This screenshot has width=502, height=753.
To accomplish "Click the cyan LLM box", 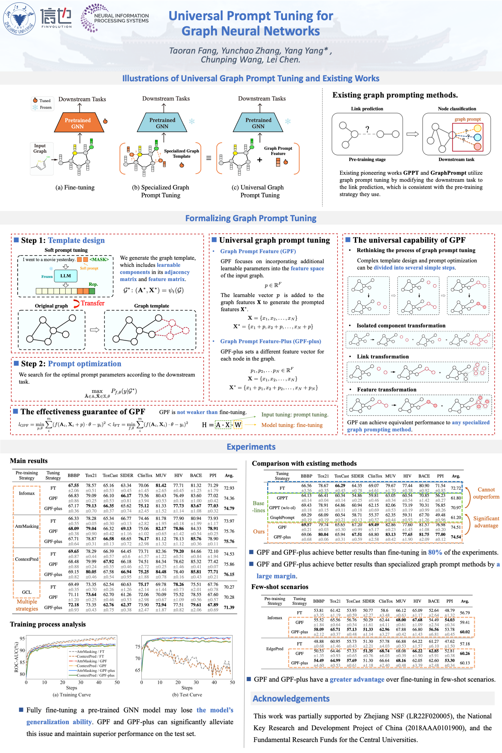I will point(65,276).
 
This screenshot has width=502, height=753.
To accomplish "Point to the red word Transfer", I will point(92,303).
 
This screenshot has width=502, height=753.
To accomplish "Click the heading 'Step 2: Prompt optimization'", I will point(71,364).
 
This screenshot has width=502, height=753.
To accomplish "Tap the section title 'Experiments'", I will point(251,447).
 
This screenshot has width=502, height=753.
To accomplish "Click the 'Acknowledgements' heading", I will point(291,698).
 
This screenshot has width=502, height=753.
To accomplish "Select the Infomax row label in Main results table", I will point(27,493).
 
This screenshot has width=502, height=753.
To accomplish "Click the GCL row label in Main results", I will point(27,592).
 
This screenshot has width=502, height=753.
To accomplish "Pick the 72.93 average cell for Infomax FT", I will point(229,488).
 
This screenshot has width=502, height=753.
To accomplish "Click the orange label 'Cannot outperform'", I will point(486,493).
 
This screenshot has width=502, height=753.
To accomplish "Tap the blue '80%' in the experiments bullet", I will point(435,552).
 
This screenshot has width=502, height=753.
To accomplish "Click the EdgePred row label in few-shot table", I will point(275,649).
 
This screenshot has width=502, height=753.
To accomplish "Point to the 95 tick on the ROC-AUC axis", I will point(22,638).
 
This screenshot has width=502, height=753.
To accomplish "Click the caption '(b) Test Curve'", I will point(187,694).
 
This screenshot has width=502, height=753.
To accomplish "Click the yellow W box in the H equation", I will point(238,425).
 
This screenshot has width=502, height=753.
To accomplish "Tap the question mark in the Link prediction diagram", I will point(367,129).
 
